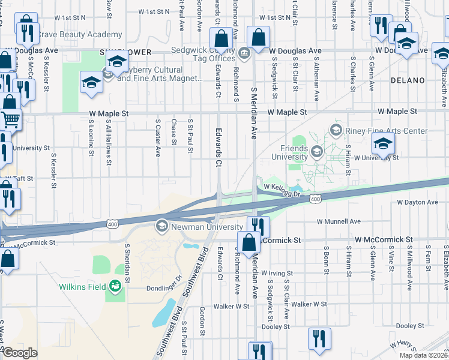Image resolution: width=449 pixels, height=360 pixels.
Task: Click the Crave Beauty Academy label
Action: pos(80,35)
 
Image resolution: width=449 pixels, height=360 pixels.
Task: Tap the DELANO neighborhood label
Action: pos(408,80)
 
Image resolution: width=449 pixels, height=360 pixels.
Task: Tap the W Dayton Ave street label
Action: pos(417,202)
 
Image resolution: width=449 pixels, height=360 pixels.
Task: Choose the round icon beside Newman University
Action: pos(161,226)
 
